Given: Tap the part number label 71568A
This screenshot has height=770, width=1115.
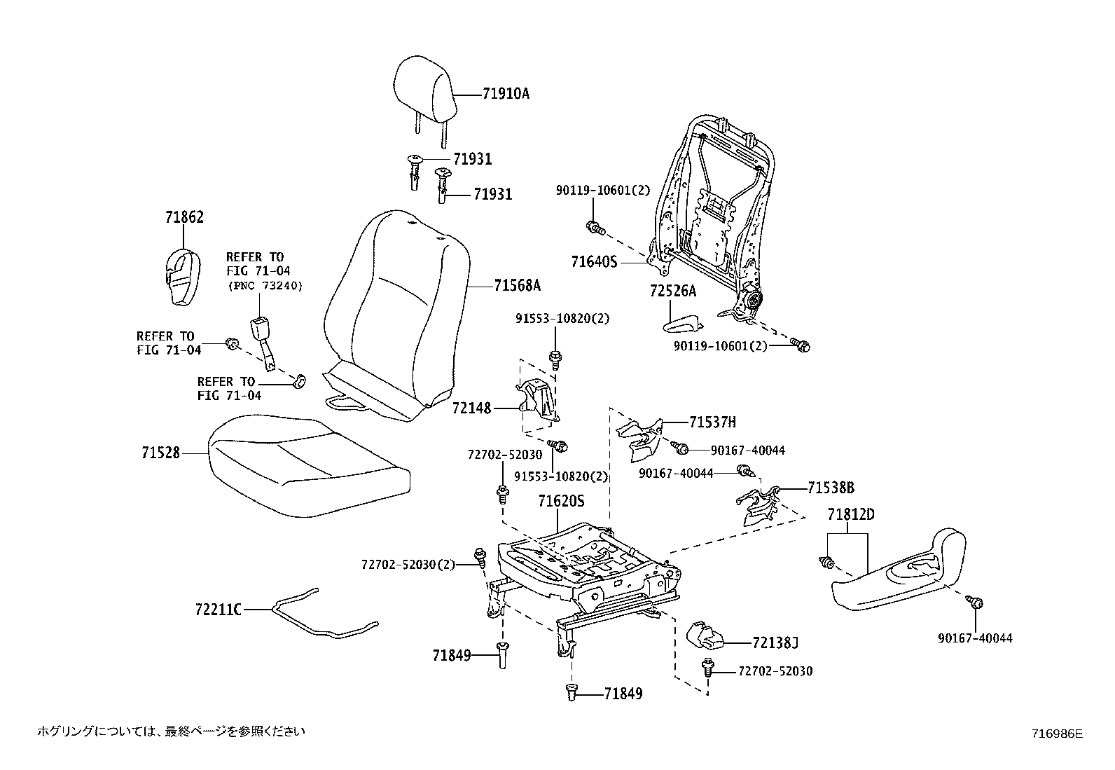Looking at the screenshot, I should tap(517, 285).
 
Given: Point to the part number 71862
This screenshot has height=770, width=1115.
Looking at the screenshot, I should tap(184, 217).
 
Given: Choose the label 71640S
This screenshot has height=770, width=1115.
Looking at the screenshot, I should tap(594, 262).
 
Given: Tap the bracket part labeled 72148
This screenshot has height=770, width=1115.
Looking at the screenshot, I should tap(536, 404).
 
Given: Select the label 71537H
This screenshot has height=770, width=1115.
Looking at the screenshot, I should tap(712, 422).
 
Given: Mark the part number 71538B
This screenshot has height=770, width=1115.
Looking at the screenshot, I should tap(831, 488).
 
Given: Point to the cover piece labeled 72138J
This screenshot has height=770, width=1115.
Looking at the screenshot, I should tap(704, 635).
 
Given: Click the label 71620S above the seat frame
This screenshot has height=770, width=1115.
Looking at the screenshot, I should tap(561, 502).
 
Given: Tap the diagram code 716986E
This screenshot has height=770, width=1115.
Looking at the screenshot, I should tap(1057, 734).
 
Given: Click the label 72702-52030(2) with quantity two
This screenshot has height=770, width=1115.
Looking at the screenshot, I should tap(408, 564).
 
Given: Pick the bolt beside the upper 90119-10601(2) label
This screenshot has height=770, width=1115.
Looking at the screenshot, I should tap(595, 226).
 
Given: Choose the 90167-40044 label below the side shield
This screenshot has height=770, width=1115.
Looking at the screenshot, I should tap(975, 638).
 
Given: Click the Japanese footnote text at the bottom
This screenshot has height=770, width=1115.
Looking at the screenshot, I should tap(172, 731).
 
